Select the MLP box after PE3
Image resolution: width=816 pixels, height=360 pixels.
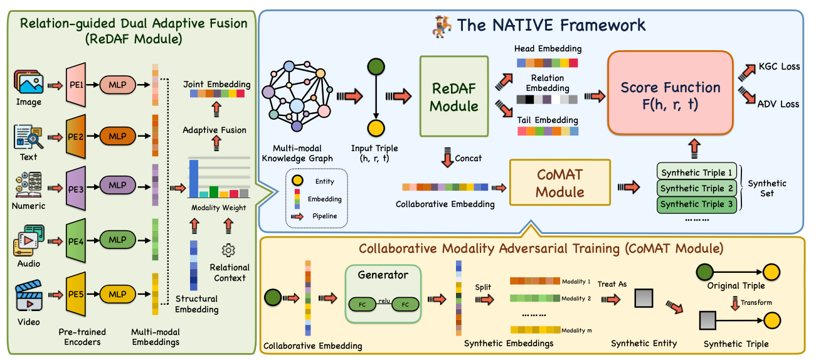click(x=117, y=186)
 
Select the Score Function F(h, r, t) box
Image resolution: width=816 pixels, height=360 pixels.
click(x=670, y=95)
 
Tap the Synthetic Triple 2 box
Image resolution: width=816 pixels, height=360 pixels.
click(x=696, y=188)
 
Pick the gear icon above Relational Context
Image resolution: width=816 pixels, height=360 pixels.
click(x=228, y=250)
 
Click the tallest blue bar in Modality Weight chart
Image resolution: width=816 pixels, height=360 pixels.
click(x=194, y=178)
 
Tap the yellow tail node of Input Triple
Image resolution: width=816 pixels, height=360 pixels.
click(x=376, y=129)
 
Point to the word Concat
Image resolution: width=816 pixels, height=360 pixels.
click(x=469, y=158)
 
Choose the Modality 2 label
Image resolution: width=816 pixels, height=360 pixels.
click(x=576, y=299)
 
